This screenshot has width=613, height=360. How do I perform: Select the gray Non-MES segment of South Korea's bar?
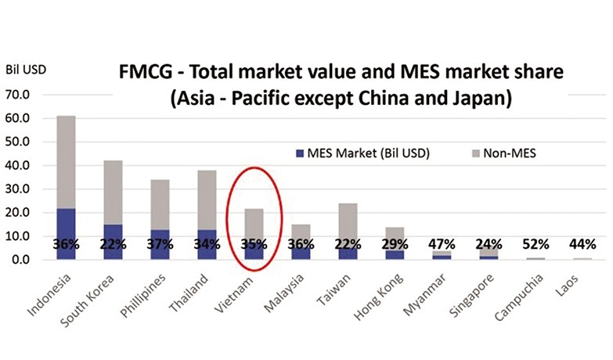click(x=114, y=193)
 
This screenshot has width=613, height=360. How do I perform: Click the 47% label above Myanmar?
click(x=443, y=243)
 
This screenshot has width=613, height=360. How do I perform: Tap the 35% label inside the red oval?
click(x=255, y=243)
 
